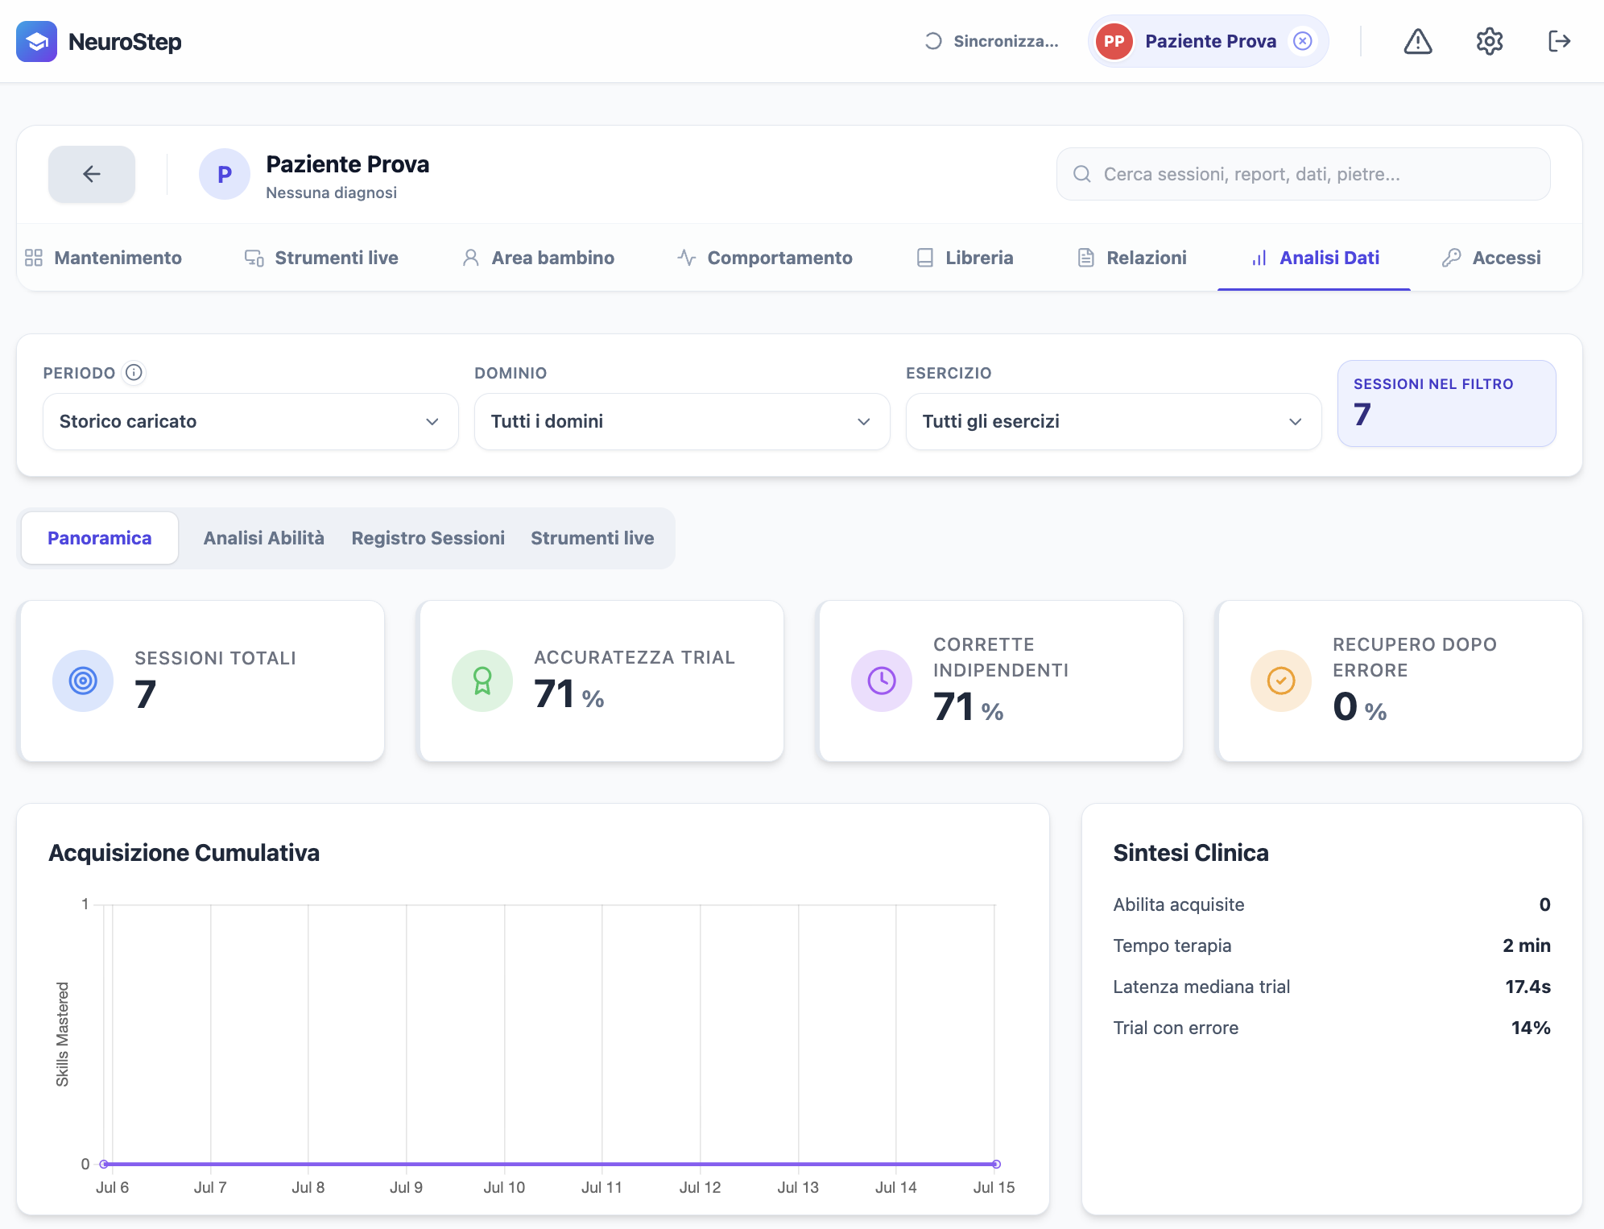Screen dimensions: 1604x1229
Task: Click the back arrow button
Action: click(x=92, y=174)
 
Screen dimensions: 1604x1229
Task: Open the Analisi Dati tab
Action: click(x=1314, y=258)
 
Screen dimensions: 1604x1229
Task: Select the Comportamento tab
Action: click(x=765, y=258)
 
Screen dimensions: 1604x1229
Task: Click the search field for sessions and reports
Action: click(x=1303, y=174)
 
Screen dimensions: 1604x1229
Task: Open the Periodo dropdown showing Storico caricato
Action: click(x=250, y=421)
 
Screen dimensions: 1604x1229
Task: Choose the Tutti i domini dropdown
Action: click(x=682, y=421)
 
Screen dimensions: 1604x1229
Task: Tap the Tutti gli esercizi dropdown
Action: click(x=1114, y=421)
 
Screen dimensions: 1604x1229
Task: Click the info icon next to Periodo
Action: click(x=134, y=372)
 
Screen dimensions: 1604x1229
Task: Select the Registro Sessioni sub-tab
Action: click(x=428, y=538)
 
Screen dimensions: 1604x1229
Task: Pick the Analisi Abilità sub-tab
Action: click(x=264, y=538)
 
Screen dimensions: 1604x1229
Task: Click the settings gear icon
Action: click(x=1490, y=41)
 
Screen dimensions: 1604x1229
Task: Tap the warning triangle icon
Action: click(x=1418, y=41)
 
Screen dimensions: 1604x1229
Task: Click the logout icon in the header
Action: click(x=1560, y=41)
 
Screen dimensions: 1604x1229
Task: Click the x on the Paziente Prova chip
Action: click(x=1303, y=41)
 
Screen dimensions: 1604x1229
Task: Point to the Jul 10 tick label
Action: click(x=504, y=1187)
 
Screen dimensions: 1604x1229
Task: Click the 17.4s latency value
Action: click(x=1528, y=987)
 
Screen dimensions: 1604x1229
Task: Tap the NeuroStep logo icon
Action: click(x=36, y=41)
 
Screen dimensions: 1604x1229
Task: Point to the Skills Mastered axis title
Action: click(x=62, y=1034)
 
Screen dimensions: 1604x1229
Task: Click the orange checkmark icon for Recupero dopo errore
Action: click(x=1281, y=681)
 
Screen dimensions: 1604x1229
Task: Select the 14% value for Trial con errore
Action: click(x=1531, y=1028)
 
